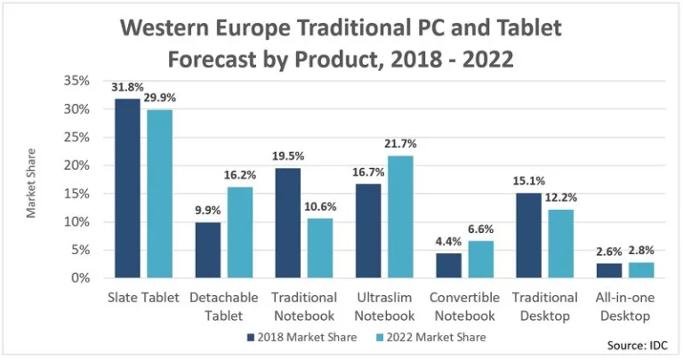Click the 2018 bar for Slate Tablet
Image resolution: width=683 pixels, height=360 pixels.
point(126,188)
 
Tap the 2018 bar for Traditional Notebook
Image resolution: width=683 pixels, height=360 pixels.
point(287,223)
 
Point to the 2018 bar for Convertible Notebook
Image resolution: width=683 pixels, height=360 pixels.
point(449,266)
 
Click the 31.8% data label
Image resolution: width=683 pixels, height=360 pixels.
point(126,88)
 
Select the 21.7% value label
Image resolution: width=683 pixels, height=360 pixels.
point(400,144)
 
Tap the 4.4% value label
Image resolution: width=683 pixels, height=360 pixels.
point(448,243)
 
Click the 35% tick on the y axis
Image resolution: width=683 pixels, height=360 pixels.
point(77,81)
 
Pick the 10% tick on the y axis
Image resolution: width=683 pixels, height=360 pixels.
point(77,221)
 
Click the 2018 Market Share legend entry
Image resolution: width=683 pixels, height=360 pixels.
point(301,337)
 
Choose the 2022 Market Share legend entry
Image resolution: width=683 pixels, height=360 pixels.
point(430,337)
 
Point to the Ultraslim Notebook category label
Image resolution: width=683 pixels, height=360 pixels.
point(384,306)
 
